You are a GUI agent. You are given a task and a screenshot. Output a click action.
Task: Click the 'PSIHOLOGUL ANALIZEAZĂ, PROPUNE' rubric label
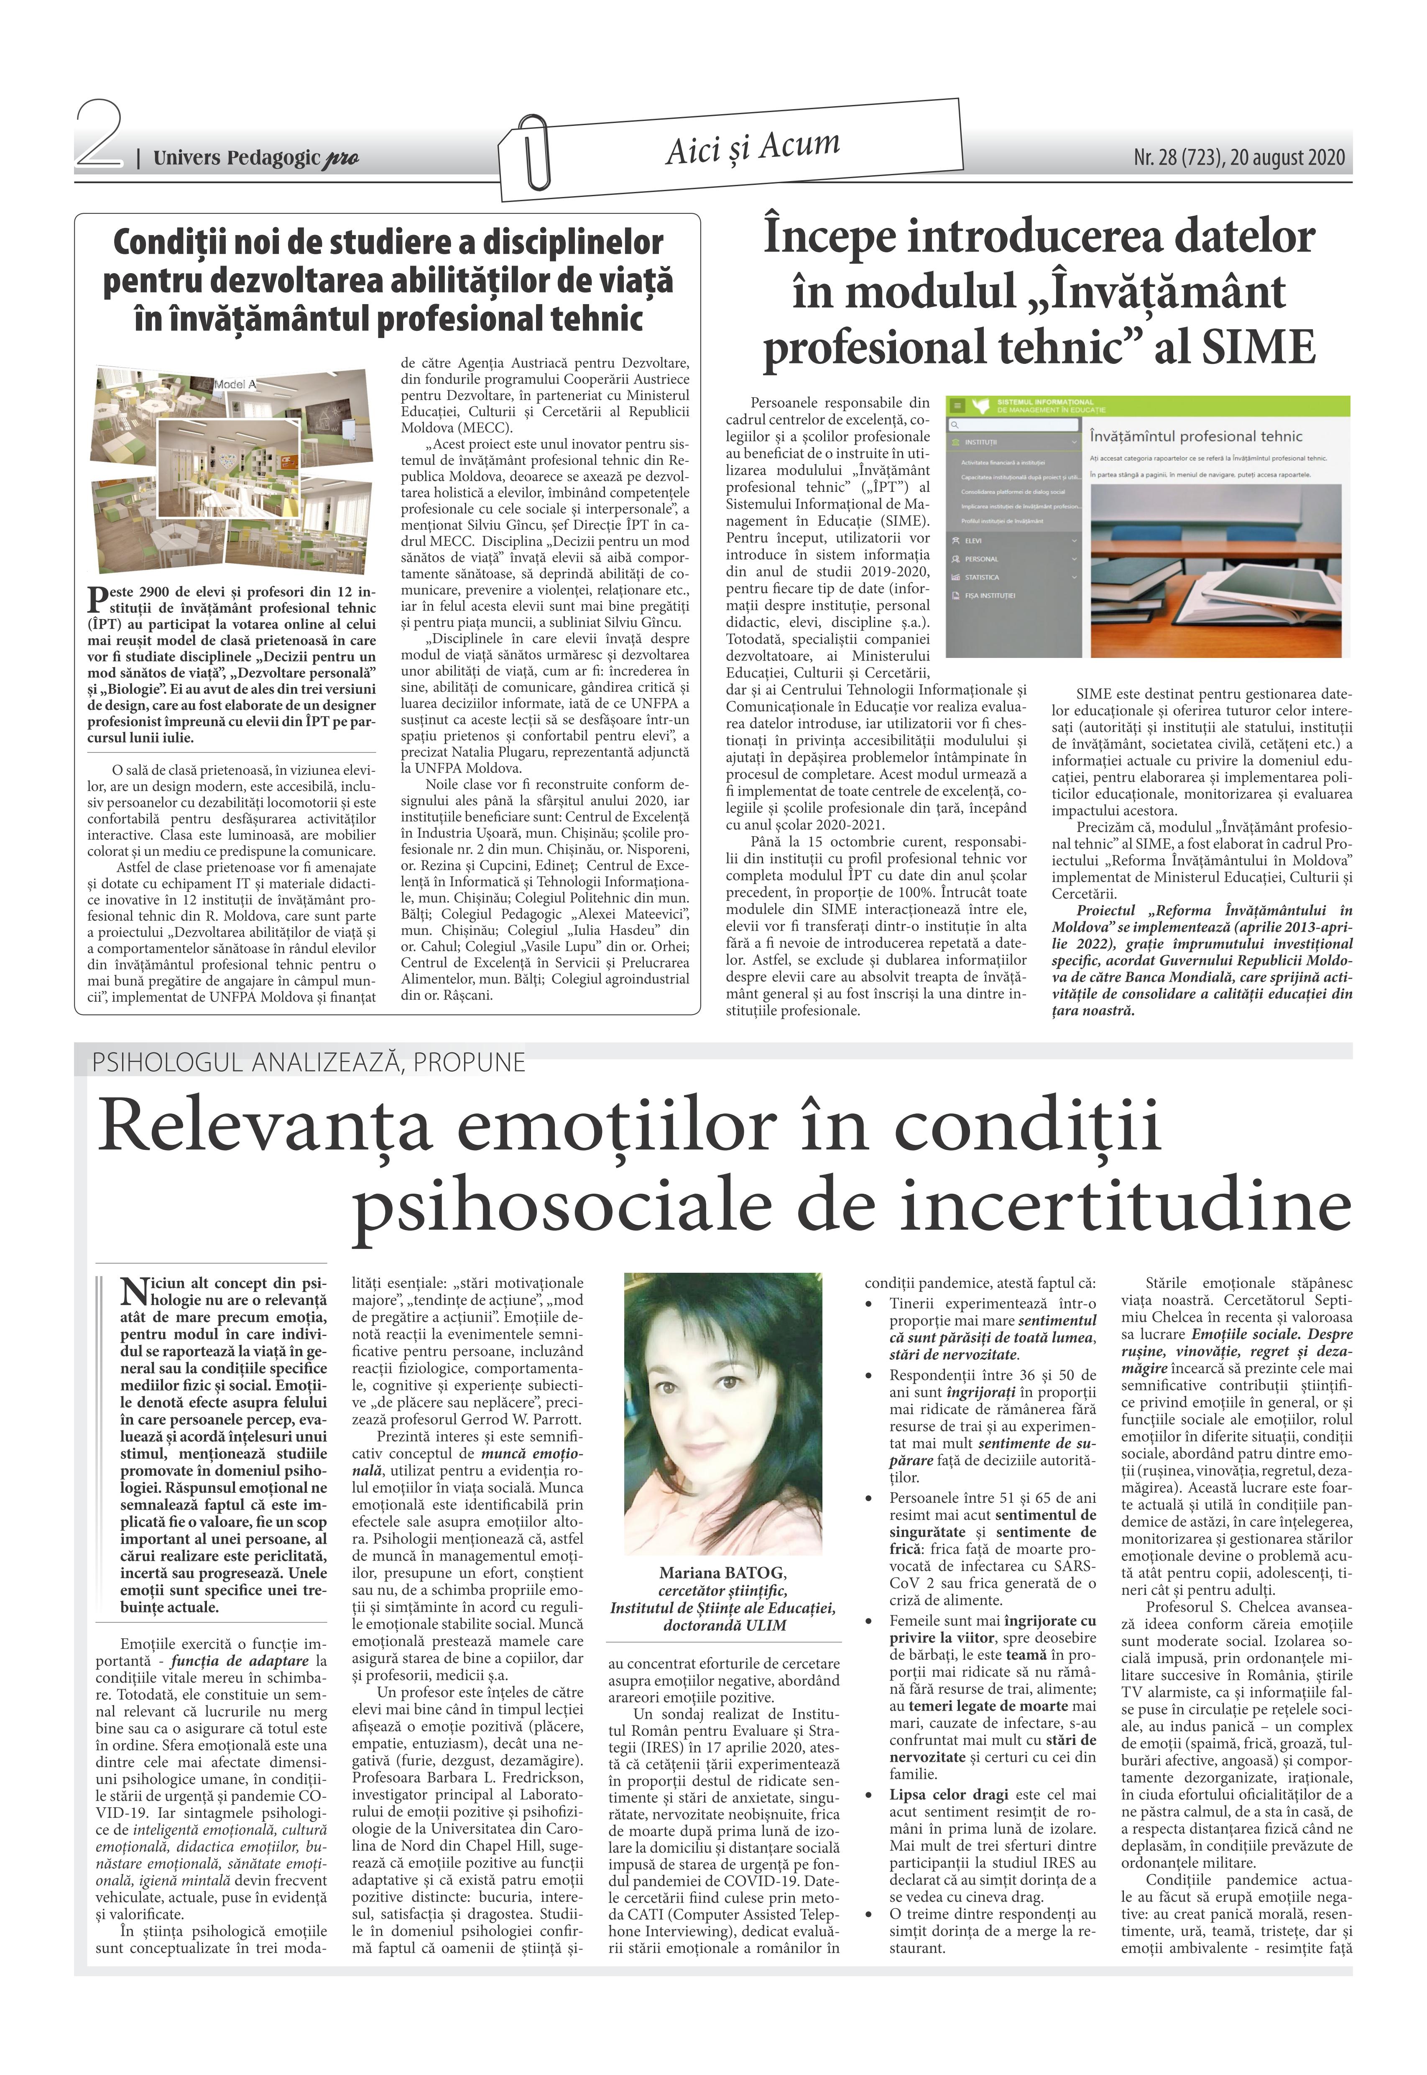pyautogui.click(x=309, y=1062)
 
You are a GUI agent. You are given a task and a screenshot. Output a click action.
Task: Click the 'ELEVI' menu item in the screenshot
pyautogui.click(x=974, y=540)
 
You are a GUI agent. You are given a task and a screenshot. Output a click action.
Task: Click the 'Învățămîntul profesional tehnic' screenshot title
pyautogui.click(x=1195, y=437)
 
